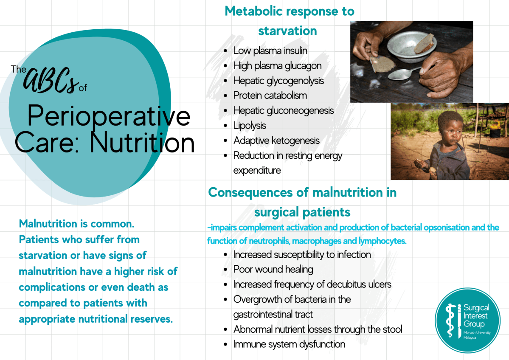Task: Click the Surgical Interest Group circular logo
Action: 467,321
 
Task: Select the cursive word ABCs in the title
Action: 51,80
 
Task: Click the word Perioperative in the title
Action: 109,115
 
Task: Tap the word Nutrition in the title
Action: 142,143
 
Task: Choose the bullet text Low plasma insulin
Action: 270,51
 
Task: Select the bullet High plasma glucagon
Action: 277,65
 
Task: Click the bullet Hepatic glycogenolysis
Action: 278,81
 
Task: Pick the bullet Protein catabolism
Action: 270,96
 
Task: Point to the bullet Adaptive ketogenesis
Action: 276,141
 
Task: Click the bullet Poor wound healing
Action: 273,270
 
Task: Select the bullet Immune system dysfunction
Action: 289,344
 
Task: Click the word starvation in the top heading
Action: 287,31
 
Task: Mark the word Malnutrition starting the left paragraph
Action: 48,224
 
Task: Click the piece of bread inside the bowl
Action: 424,43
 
